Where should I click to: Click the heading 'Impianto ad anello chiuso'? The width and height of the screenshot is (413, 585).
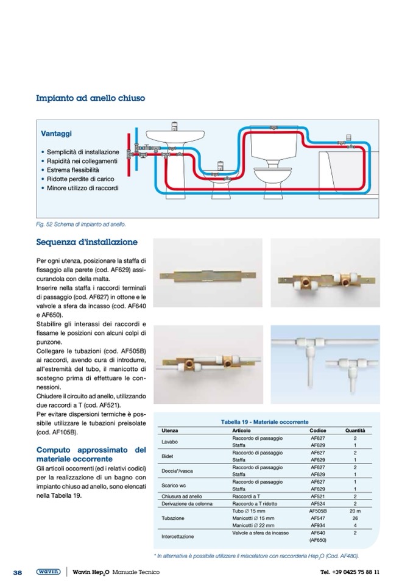[x=90, y=98]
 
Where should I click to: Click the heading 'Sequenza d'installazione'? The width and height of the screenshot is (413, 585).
[x=86, y=242]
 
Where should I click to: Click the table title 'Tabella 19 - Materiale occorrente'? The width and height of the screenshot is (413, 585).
[x=264, y=422]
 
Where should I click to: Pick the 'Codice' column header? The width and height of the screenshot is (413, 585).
[x=318, y=431]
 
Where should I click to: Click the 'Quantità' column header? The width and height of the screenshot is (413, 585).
[x=355, y=431]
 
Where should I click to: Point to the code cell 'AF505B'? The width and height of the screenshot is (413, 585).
[x=318, y=510]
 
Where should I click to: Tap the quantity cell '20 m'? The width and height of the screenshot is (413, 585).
[x=355, y=510]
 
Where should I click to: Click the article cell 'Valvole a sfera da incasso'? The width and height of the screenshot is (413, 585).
[x=260, y=533]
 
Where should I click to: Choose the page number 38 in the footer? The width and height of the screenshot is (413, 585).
[x=18, y=572]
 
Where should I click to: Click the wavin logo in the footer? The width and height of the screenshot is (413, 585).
[x=48, y=572]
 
